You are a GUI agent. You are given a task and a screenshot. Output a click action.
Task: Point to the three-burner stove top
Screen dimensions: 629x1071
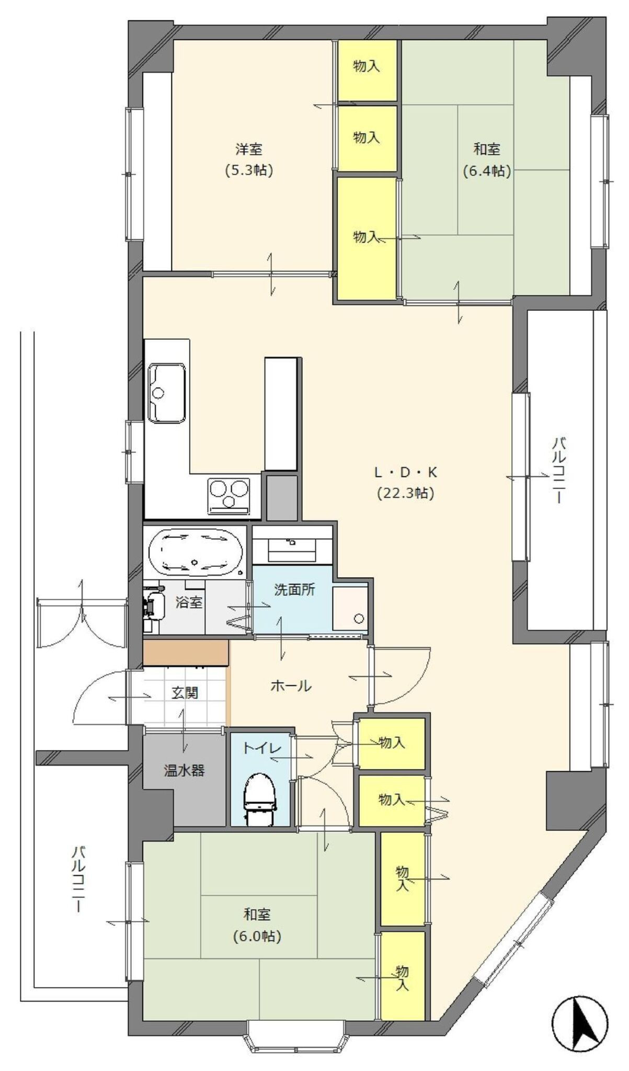[228, 495]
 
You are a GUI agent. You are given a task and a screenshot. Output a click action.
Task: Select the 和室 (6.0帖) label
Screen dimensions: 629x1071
[257, 925]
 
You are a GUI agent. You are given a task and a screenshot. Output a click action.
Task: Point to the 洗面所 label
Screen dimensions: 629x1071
[295, 589]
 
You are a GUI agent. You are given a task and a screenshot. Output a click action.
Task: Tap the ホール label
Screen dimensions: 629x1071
[291, 686]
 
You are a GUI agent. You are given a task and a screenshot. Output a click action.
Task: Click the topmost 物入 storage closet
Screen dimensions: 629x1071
[366, 66]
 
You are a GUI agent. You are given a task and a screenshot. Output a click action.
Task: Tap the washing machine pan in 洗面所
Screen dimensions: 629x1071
[350, 607]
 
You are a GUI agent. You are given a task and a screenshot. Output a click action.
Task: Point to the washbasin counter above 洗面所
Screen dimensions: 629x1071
[292, 544]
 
